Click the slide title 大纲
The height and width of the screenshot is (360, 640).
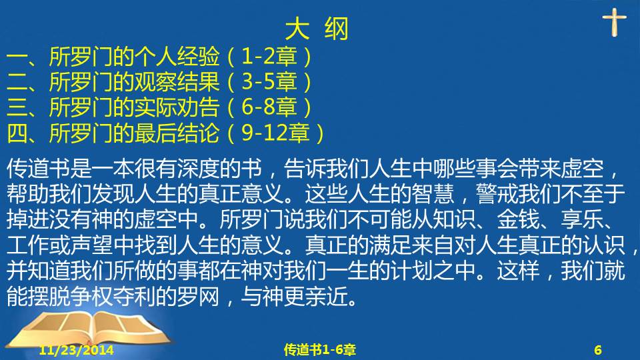coord(317,29)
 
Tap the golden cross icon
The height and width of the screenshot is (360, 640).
coord(614,23)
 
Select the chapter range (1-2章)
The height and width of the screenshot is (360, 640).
coord(270,57)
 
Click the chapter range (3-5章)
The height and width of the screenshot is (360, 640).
coord(270,82)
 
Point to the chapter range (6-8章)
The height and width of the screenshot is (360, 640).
coord(270,107)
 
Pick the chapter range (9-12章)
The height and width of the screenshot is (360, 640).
coord(276,133)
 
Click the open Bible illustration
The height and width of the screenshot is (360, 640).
coord(90,330)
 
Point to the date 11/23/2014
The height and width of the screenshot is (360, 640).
coord(76,350)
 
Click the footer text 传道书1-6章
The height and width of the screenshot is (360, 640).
coord(320,349)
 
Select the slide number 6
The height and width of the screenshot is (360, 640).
coord(598,350)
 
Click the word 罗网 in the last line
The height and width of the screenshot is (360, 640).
coord(199,296)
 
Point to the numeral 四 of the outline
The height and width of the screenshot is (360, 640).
coord(17,133)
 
